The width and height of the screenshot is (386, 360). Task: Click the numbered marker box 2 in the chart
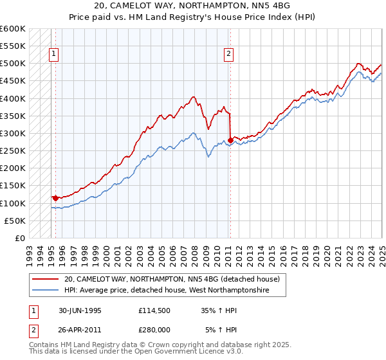click(228, 55)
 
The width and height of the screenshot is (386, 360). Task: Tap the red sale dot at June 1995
click(55, 198)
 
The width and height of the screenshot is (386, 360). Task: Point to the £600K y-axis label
click(13, 29)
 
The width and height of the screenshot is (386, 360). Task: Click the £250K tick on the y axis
click(13, 150)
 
